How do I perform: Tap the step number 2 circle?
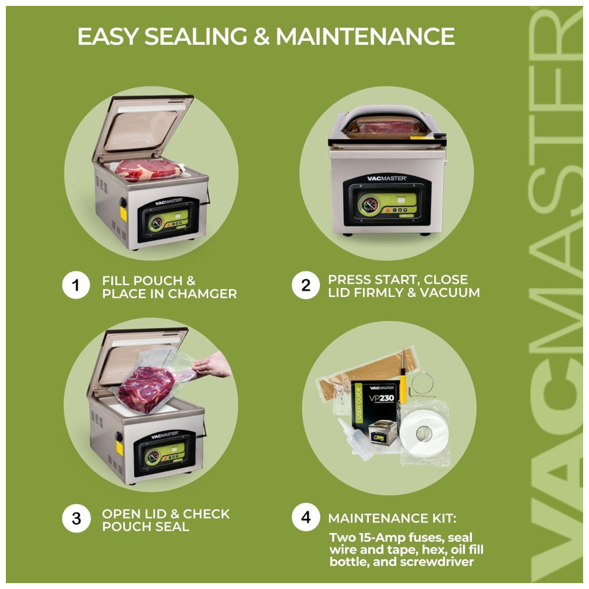[x=306, y=285]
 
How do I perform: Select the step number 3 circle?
[x=76, y=518]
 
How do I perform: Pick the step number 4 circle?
[x=306, y=517]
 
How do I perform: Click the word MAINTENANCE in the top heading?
[x=365, y=37]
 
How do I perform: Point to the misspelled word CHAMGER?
[x=203, y=294]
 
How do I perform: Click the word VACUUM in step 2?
[x=449, y=293]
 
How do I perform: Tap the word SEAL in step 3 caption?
[x=173, y=527]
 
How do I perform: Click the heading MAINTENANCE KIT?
[x=392, y=518]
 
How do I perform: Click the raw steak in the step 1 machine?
[x=148, y=170]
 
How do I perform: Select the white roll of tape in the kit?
[x=424, y=434]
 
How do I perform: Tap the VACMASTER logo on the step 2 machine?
[x=386, y=178]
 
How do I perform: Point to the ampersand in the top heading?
[x=262, y=37]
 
